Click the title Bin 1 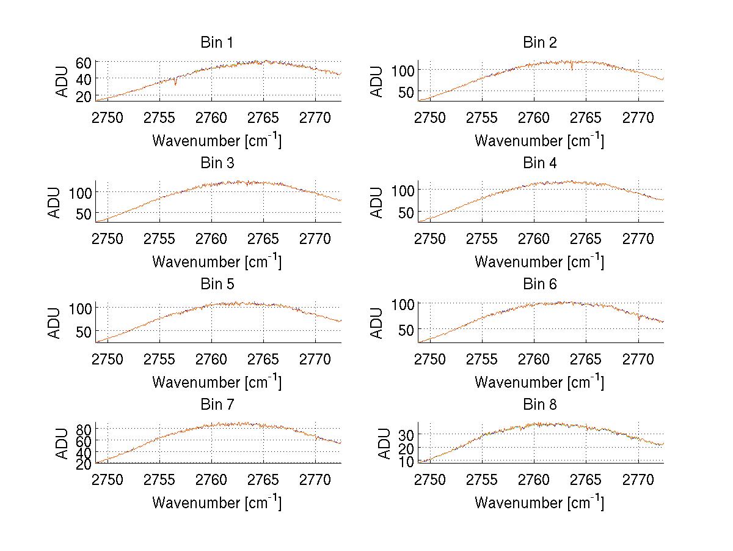click(216, 43)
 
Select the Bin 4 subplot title click(540, 163)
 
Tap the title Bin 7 click(216, 405)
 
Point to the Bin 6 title click(540, 284)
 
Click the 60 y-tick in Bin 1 click(84, 62)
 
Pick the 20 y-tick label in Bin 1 click(84, 96)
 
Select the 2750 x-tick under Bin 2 click(430, 118)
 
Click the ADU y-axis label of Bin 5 click(56, 323)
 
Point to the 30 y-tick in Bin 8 click(406, 434)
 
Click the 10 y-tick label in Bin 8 click(406, 462)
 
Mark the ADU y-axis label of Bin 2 click(378, 81)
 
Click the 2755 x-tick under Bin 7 click(159, 479)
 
